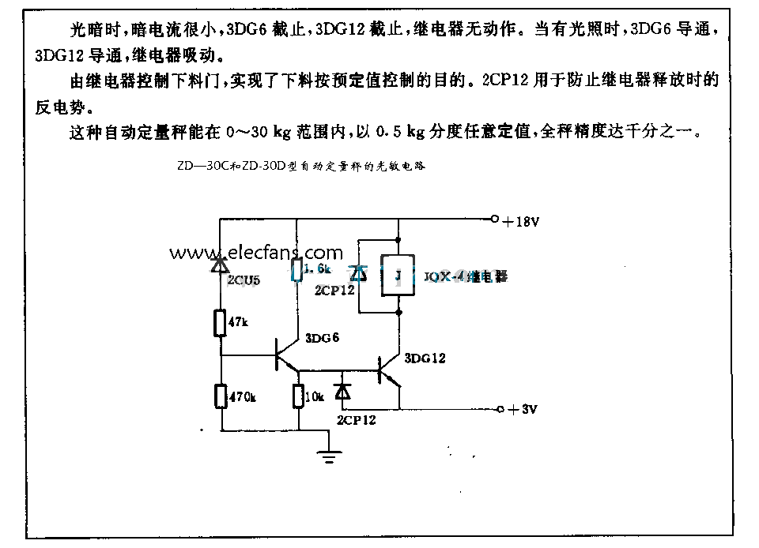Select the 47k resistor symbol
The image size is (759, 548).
tap(221, 323)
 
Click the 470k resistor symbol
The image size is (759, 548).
tap(221, 396)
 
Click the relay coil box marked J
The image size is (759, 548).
tap(398, 276)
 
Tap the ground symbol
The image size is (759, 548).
tap(329, 453)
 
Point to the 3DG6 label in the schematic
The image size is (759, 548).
tap(322, 338)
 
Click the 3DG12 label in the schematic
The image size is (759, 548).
tap(425, 358)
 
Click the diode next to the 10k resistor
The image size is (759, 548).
tap(342, 392)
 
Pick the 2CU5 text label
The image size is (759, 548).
tap(244, 279)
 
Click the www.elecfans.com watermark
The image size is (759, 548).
tap(255, 253)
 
